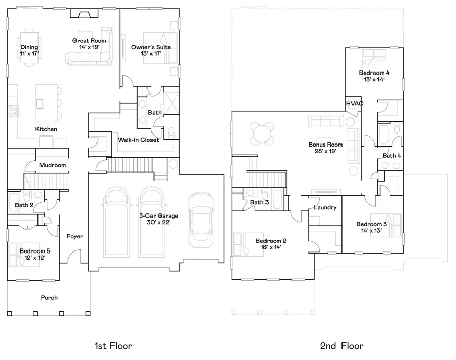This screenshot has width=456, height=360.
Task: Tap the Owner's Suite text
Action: [150, 47]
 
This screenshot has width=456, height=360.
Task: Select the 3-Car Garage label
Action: [159, 216]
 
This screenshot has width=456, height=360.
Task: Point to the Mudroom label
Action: [53, 165]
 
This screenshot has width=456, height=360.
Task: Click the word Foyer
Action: [74, 236]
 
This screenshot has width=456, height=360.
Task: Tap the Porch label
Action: [49, 298]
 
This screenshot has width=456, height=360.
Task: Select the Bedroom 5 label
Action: [34, 251]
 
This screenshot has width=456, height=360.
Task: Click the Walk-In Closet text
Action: [138, 140]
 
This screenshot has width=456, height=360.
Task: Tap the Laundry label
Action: [325, 208]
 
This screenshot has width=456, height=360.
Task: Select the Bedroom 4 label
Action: [374, 73]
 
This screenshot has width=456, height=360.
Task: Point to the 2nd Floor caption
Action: [341, 346]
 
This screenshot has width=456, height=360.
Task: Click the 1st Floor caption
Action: [113, 346]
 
